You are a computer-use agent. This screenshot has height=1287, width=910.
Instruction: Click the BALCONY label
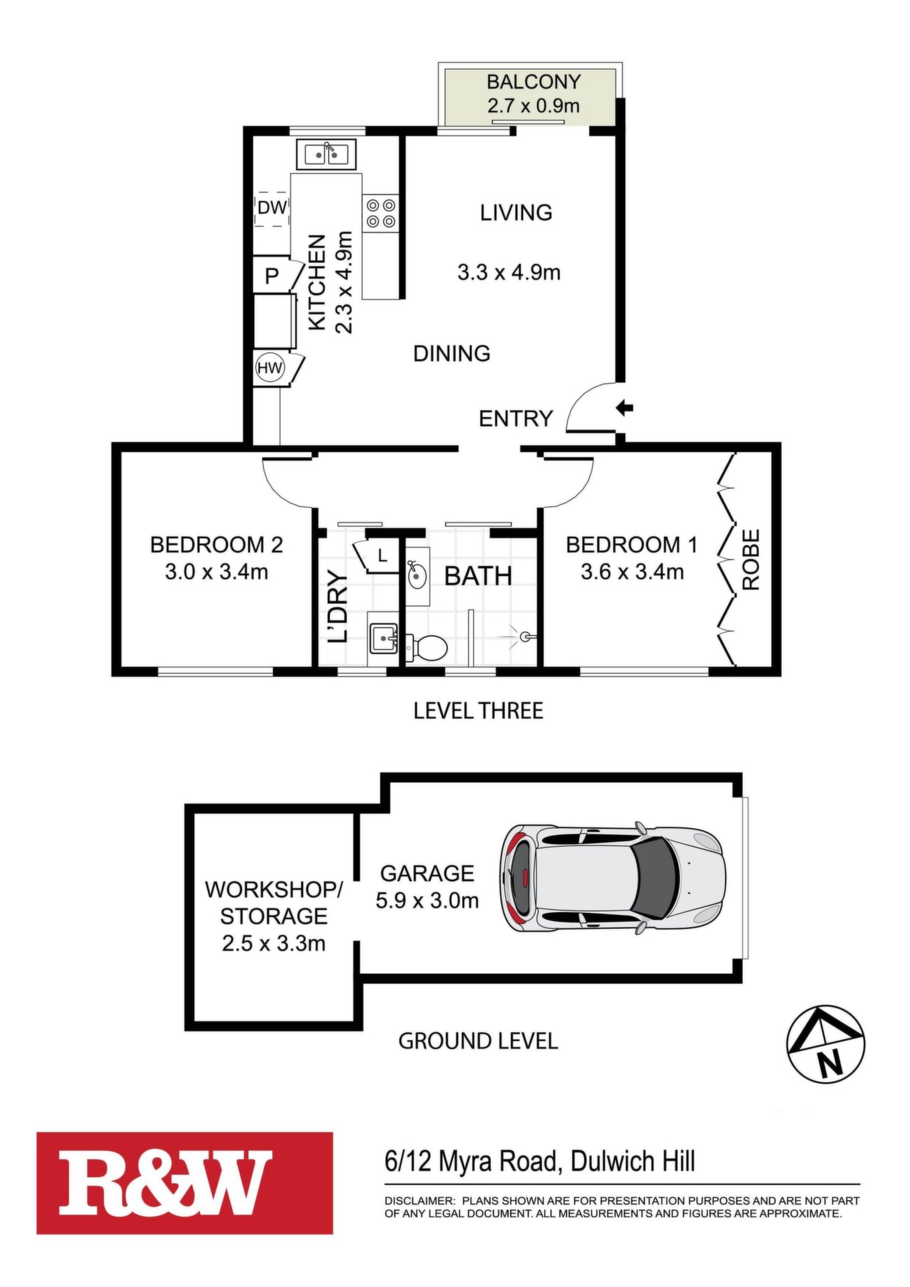pyautogui.click(x=533, y=82)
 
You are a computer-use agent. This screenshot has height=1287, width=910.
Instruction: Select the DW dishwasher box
pyautogui.click(x=272, y=208)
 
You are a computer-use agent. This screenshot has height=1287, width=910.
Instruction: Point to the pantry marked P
pyautogui.click(x=272, y=275)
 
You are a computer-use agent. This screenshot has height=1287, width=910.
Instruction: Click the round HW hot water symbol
pyautogui.click(x=270, y=368)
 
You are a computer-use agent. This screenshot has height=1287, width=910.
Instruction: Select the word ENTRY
pyautogui.click(x=516, y=418)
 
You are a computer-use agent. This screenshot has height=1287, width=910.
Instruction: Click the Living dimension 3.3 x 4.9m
pyautogui.click(x=509, y=272)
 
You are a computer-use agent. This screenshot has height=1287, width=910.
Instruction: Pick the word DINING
pyautogui.click(x=451, y=353)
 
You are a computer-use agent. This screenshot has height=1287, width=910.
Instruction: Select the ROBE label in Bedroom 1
pyautogui.click(x=751, y=560)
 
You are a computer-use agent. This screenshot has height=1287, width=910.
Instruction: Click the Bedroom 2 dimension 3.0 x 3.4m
pyautogui.click(x=217, y=572)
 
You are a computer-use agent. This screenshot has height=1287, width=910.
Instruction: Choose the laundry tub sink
pyautogui.click(x=383, y=637)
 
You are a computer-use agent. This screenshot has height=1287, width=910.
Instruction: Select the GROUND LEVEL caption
pyautogui.click(x=478, y=1041)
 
